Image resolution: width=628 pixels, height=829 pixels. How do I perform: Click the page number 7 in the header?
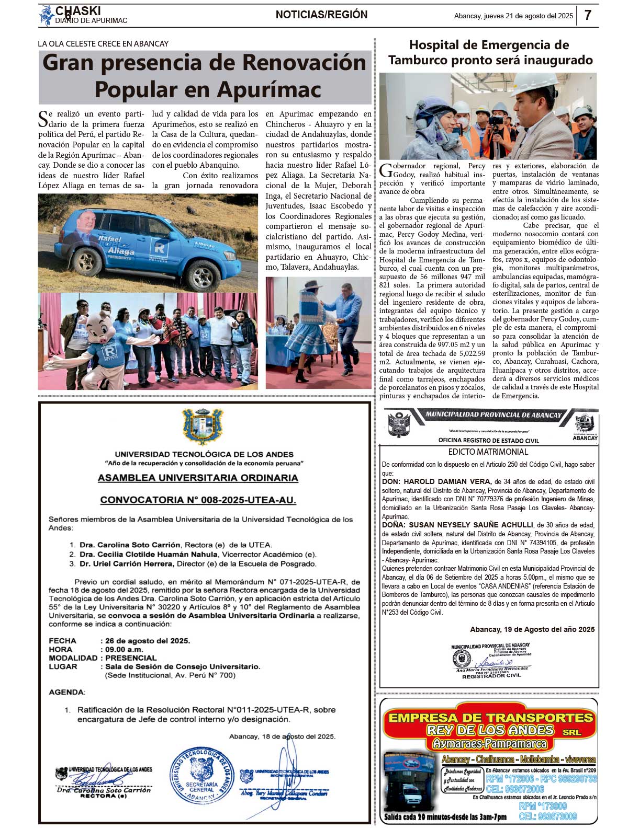point(588,15)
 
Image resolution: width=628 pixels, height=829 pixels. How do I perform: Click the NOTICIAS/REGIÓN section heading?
point(321,15)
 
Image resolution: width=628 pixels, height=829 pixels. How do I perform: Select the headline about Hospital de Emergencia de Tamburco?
point(490,52)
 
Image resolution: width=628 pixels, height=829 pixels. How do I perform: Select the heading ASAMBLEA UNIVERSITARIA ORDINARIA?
point(198,478)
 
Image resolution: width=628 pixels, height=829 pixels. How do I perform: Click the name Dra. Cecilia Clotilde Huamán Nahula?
point(148,554)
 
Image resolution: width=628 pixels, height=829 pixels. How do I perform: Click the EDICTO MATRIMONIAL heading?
point(488,452)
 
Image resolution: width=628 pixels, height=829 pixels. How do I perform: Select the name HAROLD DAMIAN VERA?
point(436,481)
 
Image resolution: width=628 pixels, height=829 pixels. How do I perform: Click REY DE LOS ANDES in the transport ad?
point(490,730)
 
